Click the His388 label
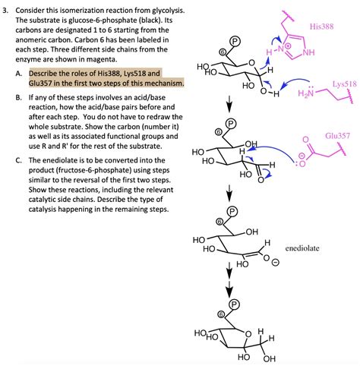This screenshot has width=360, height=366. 322,26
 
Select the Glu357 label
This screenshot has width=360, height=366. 337,134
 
